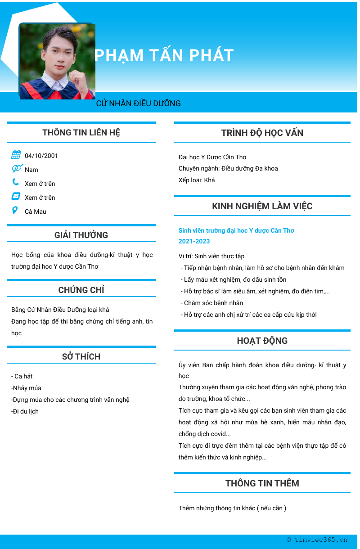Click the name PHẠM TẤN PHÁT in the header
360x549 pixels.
pyautogui.click(x=164, y=55)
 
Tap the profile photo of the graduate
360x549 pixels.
pyautogui.click(x=57, y=61)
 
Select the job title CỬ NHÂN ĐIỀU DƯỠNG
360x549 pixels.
pyautogui.click(x=139, y=103)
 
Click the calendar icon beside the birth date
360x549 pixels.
pyautogui.click(x=16, y=155)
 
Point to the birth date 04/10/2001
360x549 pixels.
pyautogui.click(x=41, y=156)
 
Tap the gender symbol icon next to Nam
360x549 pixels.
pyautogui.click(x=17, y=168)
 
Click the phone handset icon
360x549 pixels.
pyautogui.click(x=16, y=182)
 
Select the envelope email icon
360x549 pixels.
pyautogui.click(x=16, y=196)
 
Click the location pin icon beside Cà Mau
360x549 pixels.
pyautogui.click(x=15, y=210)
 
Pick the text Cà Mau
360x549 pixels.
pyautogui.click(x=36, y=211)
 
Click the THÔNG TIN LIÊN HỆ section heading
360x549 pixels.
pyautogui.click(x=81, y=132)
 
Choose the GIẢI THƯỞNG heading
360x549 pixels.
pyautogui.click(x=81, y=235)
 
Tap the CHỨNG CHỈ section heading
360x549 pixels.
pyautogui.click(x=81, y=290)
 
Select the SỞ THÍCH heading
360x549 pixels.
pyautogui.click(x=81, y=356)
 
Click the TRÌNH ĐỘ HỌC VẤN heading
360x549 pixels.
pyautogui.click(x=262, y=133)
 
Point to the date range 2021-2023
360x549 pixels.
pyautogui.click(x=194, y=241)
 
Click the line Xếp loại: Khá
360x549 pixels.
pyautogui.click(x=197, y=180)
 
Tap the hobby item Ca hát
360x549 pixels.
pyautogui.click(x=22, y=376)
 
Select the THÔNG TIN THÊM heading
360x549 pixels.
pyautogui.click(x=262, y=483)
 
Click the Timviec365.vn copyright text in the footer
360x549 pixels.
pyautogui.click(x=317, y=540)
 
